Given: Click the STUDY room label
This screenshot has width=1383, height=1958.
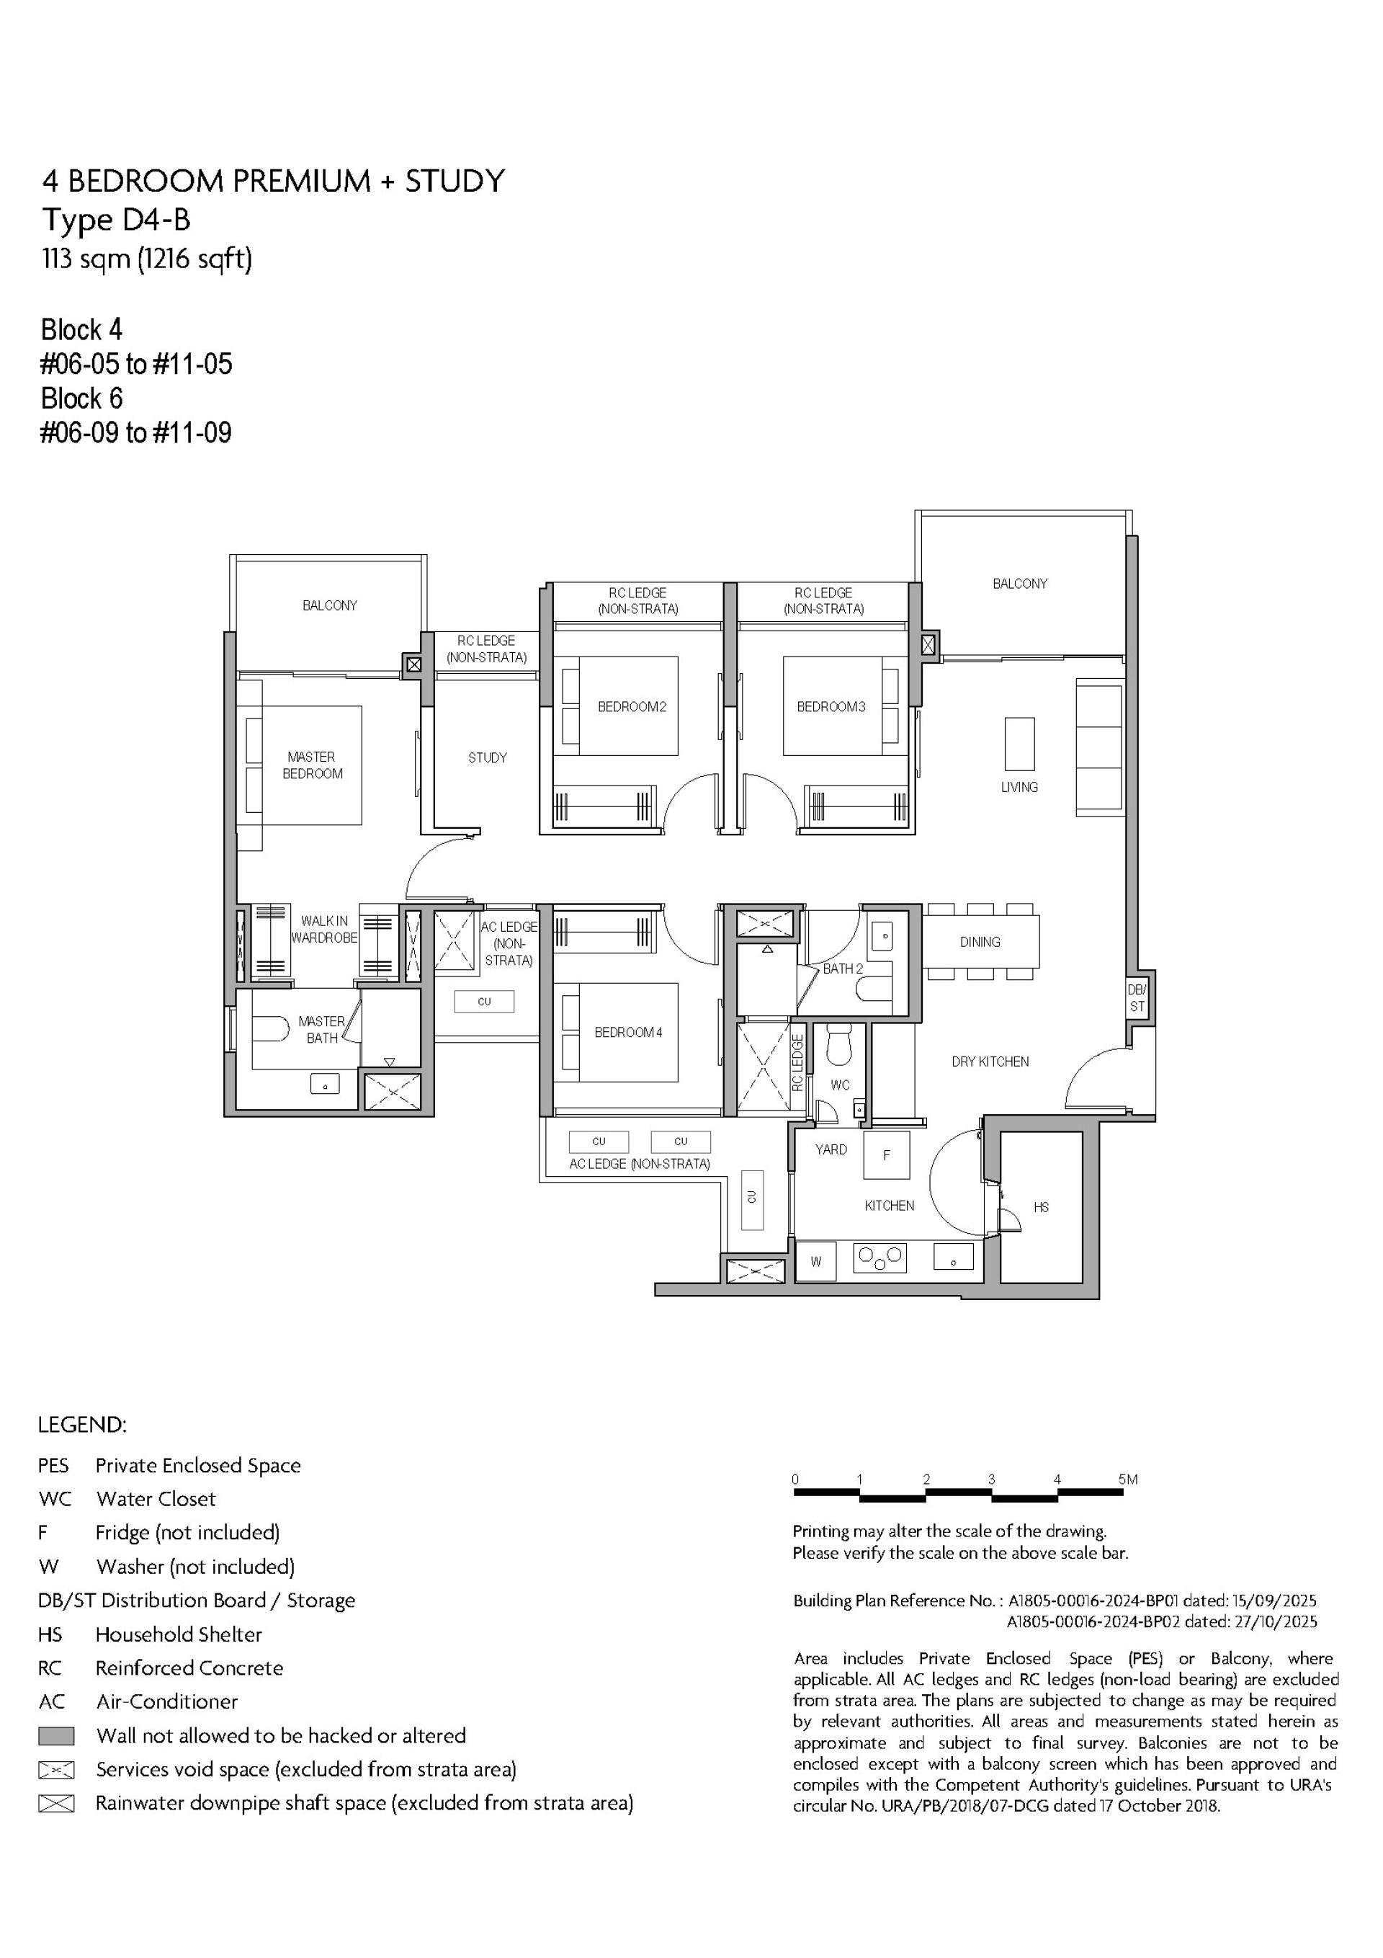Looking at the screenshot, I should [487, 757].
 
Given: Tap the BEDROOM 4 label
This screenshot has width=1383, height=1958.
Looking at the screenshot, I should [627, 1032].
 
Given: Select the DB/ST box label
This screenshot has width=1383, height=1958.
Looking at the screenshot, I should [1137, 998].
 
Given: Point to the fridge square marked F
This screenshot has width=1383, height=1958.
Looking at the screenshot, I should [887, 1154].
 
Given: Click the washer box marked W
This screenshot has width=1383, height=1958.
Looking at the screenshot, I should [816, 1261].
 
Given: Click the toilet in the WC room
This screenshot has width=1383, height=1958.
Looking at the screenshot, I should [840, 1045].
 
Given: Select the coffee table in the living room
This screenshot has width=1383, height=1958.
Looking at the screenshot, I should [1019, 744].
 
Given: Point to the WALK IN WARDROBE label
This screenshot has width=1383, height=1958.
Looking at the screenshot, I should [324, 929].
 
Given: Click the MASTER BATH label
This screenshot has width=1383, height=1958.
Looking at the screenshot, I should [321, 1029].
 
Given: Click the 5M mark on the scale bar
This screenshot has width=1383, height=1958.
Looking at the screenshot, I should [1127, 1479].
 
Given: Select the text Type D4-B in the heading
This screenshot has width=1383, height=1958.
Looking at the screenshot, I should [116, 220].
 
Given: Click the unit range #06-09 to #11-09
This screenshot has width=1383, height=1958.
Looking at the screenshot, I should [135, 432].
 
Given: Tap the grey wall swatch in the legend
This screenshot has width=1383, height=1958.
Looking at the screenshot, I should [56, 1735].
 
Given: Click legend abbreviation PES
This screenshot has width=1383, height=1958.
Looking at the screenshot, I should [53, 1465].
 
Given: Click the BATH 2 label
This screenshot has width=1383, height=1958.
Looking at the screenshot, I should [843, 969].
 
